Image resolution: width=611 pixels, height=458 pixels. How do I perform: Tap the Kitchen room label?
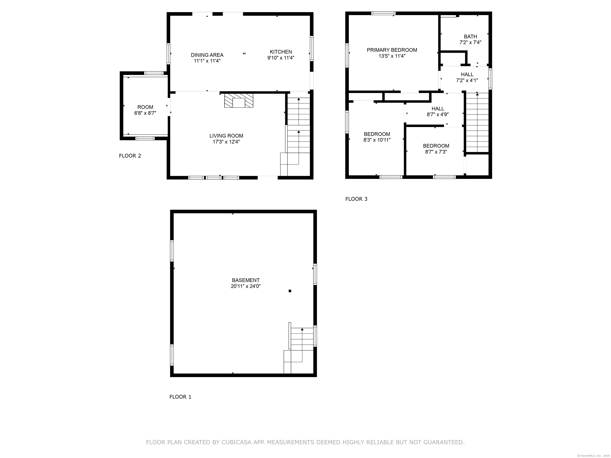coord(281,52)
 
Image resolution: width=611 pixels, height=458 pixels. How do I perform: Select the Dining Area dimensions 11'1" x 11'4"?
coord(207,61)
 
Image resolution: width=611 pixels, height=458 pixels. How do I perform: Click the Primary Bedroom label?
coord(392,50)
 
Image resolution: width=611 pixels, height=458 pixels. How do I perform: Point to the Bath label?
coord(470,36)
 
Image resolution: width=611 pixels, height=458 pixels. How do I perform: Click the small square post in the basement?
coord(290,291)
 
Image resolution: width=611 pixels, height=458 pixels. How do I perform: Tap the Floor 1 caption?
coord(180,397)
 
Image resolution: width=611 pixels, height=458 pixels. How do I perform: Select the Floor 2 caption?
coord(130,156)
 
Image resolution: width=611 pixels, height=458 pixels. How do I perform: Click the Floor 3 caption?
coord(356,199)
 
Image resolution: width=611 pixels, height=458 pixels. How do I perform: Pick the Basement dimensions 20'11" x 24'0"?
coord(246,286)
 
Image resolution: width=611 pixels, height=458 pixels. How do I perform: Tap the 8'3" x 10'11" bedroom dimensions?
coord(377,140)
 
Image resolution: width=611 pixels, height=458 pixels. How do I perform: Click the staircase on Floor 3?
coord(477,122)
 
